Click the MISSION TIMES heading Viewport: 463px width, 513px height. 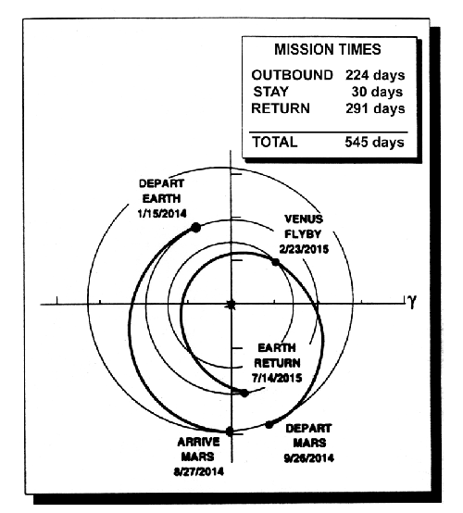(328, 49)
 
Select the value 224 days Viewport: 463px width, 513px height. (375, 75)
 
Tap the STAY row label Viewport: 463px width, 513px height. (271, 92)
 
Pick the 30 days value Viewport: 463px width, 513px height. (377, 92)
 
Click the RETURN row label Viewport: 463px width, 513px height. (281, 108)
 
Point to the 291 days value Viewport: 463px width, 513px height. (375, 108)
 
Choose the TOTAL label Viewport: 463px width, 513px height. (275, 142)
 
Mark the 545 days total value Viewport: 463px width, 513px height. (375, 143)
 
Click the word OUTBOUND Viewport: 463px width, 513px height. (292, 75)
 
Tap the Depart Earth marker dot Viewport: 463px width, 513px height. (195, 228)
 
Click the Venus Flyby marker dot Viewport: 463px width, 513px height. (276, 262)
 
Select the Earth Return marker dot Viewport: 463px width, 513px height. (244, 394)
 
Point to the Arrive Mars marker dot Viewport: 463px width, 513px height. (230, 432)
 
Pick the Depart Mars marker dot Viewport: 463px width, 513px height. (269, 425)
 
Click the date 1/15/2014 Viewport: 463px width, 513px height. (162, 214)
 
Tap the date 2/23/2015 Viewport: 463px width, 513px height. (304, 249)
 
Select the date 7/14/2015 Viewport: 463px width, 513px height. (277, 378)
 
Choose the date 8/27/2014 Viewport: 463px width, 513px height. (198, 471)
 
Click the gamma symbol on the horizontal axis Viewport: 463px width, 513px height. (412, 301)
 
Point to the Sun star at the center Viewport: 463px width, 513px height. (231, 305)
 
